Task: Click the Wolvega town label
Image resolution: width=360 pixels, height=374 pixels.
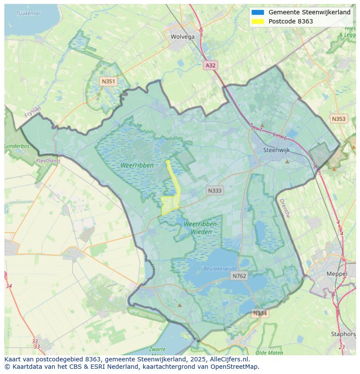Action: (183, 37)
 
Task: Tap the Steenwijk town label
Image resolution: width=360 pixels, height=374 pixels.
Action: (277, 150)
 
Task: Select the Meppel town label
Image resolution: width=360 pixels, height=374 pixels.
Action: (337, 274)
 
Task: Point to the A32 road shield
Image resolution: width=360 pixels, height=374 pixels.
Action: (210, 65)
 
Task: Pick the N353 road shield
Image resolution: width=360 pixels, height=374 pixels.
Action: (338, 119)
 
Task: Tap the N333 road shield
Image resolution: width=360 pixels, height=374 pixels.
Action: (214, 191)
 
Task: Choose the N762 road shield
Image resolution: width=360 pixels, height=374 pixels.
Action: (239, 276)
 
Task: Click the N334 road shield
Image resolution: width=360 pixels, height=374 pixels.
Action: (260, 313)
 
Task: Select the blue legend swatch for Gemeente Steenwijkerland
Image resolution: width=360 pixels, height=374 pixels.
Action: (257, 13)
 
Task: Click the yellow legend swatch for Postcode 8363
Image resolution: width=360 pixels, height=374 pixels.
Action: (257, 22)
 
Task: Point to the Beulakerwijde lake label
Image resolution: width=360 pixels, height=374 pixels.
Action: (220, 269)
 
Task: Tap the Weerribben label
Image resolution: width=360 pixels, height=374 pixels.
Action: (137, 165)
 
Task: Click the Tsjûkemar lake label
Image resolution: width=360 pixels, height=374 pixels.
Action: (28, 13)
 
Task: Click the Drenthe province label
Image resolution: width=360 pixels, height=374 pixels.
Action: (284, 208)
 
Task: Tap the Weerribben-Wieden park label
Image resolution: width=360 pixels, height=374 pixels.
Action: (201, 228)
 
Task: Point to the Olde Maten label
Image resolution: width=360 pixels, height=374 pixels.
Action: (270, 353)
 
